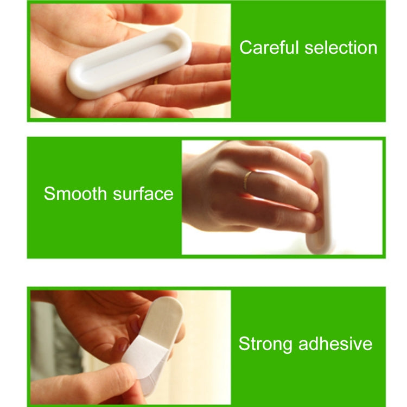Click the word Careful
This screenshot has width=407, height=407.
269,48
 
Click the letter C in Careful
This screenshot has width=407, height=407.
245,48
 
